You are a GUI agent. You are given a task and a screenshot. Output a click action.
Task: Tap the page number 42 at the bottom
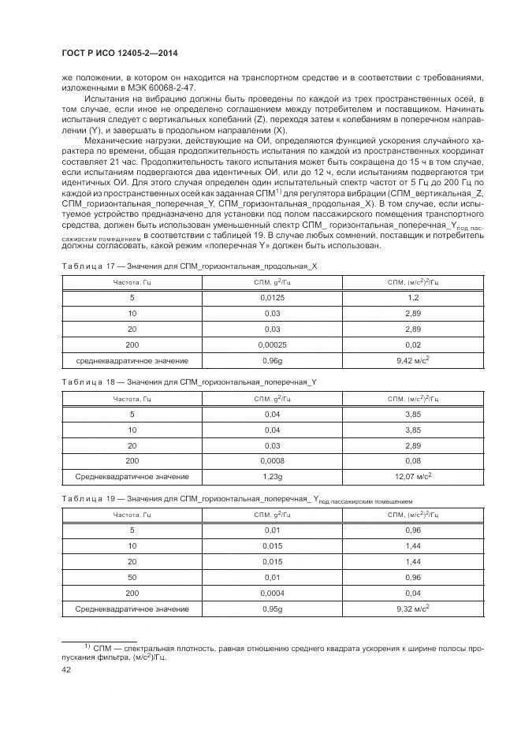pyautogui.click(x=66, y=669)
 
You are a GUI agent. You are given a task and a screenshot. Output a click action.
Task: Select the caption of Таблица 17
pyautogui.click(x=189, y=266)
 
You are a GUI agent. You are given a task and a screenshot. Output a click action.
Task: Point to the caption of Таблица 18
pyautogui.click(x=189, y=382)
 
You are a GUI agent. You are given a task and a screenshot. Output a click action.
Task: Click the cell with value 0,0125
pyautogui.click(x=271, y=298)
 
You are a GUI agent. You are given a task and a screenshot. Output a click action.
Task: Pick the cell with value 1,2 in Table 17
pyautogui.click(x=412, y=298)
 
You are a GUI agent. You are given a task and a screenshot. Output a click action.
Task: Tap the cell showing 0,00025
pyautogui.click(x=271, y=344)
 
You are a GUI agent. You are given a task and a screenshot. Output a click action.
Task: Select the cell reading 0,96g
pyautogui.click(x=271, y=360)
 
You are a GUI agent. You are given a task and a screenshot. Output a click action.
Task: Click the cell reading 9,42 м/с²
pyautogui.click(x=412, y=360)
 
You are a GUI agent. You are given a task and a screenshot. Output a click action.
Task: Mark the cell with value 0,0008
pyautogui.click(x=271, y=460)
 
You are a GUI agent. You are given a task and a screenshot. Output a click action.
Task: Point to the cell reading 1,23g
pyautogui.click(x=271, y=476)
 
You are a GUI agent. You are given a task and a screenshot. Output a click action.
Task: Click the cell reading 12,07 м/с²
pyautogui.click(x=412, y=476)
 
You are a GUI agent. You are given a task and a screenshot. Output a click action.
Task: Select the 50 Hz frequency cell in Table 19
pyautogui.click(x=132, y=577)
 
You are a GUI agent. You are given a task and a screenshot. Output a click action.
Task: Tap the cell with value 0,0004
pyautogui.click(x=271, y=593)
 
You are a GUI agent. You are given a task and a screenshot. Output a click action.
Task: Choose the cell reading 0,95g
pyautogui.click(x=271, y=609)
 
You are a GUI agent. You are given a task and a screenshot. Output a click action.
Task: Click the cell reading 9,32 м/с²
pyautogui.click(x=412, y=609)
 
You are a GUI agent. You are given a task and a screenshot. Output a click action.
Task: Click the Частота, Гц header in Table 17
pyautogui.click(x=132, y=282)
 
